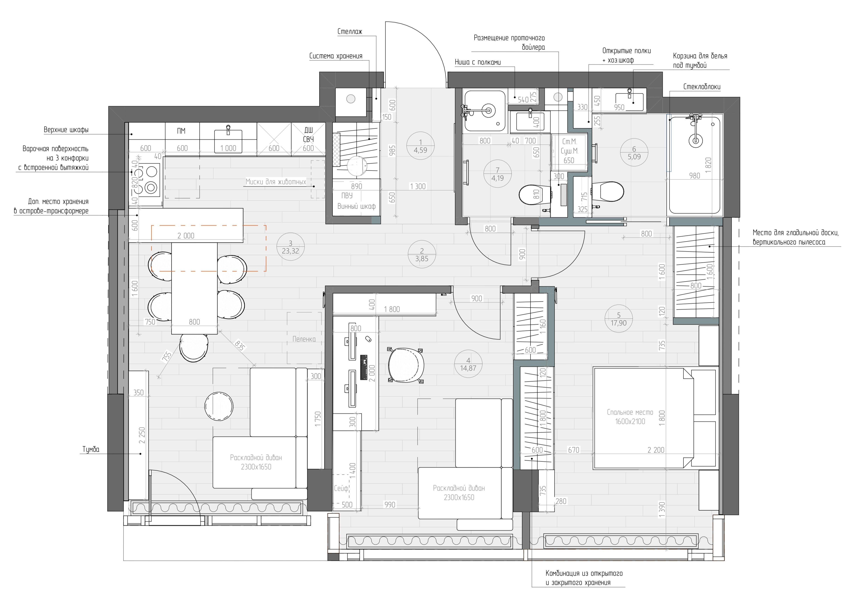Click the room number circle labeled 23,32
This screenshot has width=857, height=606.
click(x=290, y=247)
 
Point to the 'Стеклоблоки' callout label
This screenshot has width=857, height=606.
click(x=702, y=87)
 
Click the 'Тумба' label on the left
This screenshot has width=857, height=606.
click(x=91, y=449)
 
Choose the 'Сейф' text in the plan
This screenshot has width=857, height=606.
click(x=341, y=488)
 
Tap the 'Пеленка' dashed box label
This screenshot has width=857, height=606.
click(x=304, y=339)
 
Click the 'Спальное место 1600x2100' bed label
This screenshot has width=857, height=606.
click(x=630, y=417)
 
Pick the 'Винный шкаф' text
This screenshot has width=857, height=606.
click(x=356, y=206)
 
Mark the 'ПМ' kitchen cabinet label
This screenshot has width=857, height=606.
click(x=181, y=131)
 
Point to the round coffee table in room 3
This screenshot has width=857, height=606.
click(x=219, y=406)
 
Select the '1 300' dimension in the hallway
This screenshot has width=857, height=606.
click(x=418, y=187)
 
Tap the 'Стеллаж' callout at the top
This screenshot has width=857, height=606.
click(x=350, y=32)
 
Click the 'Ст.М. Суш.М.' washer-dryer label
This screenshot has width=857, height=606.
click(x=569, y=146)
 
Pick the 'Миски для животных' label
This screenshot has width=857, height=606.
click(x=276, y=182)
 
